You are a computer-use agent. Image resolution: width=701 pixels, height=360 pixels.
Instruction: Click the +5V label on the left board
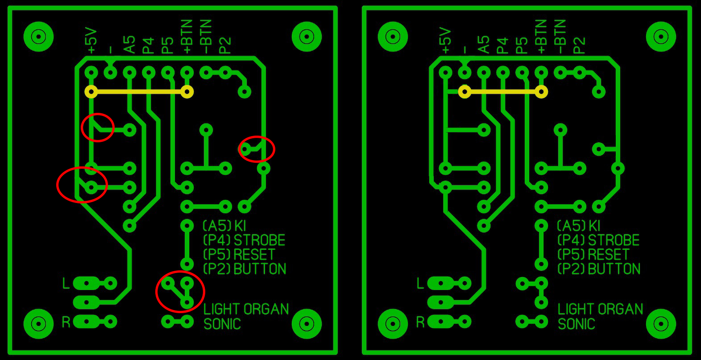(91, 41)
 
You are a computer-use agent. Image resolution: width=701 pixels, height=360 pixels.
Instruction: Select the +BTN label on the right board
(541, 37)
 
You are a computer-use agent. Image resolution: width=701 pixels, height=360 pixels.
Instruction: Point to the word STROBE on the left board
(259, 240)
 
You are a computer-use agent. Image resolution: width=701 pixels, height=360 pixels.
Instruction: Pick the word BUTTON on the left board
(260, 269)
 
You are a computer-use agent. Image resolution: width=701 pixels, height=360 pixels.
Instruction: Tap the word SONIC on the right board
(576, 323)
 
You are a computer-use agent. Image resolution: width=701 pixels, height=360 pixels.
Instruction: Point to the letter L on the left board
(66, 283)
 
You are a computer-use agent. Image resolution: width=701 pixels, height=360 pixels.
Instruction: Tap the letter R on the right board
(420, 322)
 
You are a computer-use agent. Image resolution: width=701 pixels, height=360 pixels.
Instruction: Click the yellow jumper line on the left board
(139, 92)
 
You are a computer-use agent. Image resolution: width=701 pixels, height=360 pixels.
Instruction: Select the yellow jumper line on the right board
(503, 92)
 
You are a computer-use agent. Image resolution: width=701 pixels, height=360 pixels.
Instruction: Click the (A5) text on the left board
(217, 226)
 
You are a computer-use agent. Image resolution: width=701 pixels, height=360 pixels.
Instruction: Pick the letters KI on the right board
(594, 226)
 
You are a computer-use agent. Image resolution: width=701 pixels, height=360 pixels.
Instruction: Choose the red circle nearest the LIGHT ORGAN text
(180, 292)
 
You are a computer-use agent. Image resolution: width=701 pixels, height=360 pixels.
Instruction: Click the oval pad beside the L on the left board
(87, 283)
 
